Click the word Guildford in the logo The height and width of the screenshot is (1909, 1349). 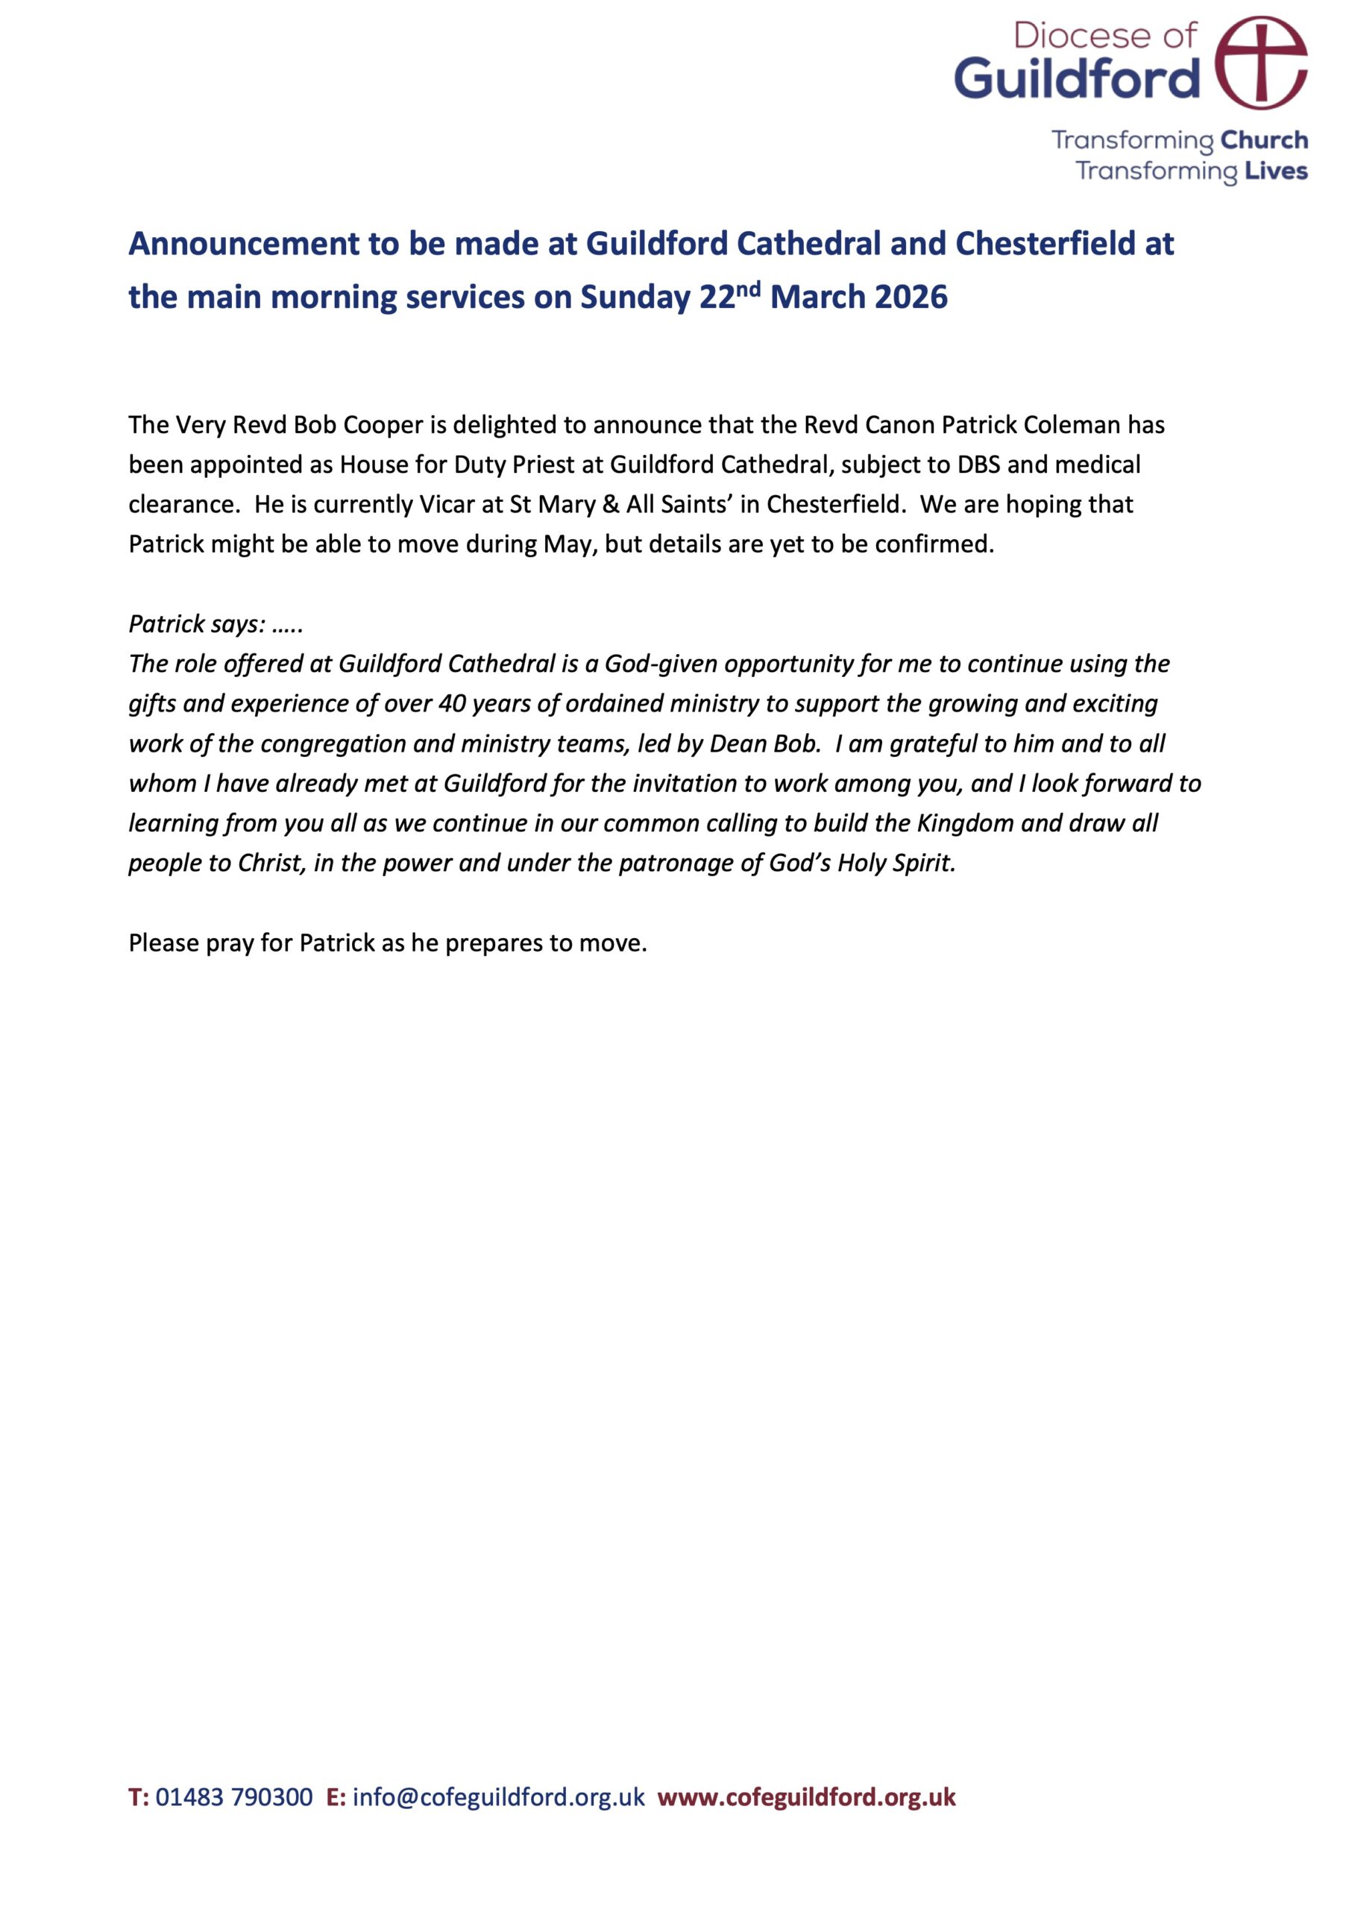pyautogui.click(x=1077, y=79)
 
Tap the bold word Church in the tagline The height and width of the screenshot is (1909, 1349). pyautogui.click(x=1264, y=139)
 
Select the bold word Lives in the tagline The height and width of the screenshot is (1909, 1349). pyautogui.click(x=1276, y=172)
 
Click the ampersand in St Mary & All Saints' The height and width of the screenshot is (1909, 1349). pyautogui.click(x=611, y=505)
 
